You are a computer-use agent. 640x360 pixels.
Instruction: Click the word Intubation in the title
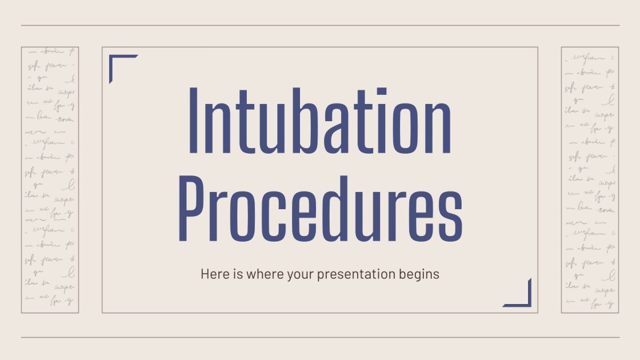tap(320, 121)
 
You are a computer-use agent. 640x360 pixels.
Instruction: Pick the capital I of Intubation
tap(194, 121)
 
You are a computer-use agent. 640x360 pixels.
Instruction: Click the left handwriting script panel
tap(50, 180)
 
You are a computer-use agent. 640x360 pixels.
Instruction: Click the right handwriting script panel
tap(590, 180)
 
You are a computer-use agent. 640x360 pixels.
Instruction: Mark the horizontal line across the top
tap(320, 25)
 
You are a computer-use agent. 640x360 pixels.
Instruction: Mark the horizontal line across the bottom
tap(320, 337)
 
